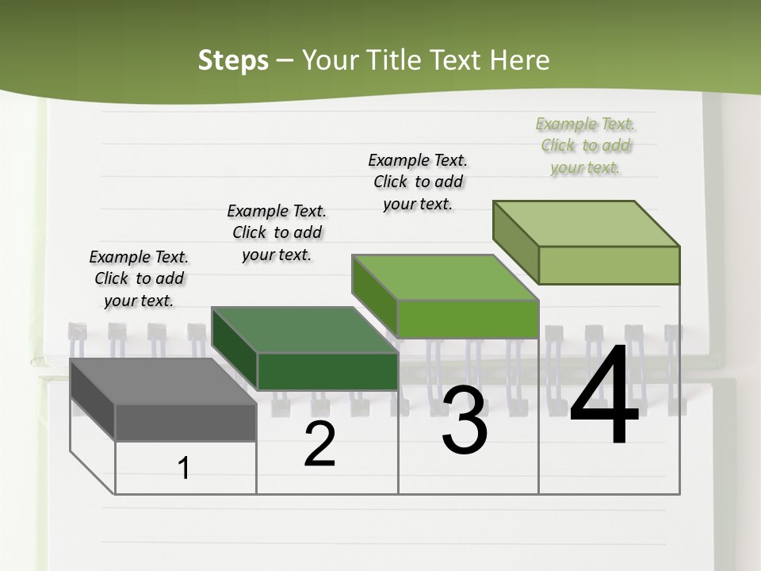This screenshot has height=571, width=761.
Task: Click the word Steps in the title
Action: point(233,60)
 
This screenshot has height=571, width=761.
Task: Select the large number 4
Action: point(604,397)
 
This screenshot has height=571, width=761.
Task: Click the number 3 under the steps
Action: point(465,420)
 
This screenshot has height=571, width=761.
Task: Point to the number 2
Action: point(319,444)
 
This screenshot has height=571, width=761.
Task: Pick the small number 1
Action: point(184,469)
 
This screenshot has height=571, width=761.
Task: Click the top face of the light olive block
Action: point(587,224)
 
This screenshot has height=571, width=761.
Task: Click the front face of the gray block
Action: point(185,422)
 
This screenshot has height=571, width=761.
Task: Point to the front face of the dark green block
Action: point(327,371)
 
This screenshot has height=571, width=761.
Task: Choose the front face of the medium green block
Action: point(468,319)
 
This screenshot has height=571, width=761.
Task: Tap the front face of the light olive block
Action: point(609,265)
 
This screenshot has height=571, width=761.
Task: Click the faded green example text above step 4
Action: point(586,145)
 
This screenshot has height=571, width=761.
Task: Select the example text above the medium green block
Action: point(418,182)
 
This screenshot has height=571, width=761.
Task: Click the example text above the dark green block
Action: point(277,232)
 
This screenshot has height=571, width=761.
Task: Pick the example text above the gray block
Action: point(139,278)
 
